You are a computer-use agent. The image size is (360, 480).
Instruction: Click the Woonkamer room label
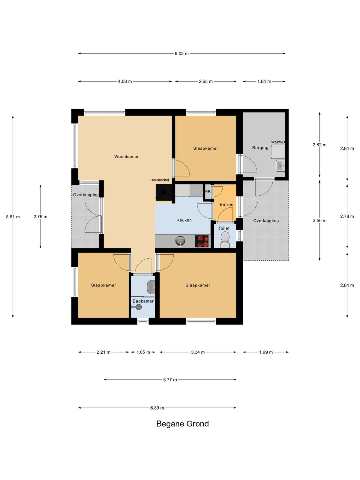click(126, 156)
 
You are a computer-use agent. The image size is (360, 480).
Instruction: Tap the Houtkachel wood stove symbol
click(164, 192)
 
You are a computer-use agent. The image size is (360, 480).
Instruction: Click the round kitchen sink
click(180, 241)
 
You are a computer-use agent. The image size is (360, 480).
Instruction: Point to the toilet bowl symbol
click(225, 239)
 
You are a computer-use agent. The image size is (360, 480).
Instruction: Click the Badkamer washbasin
click(151, 287)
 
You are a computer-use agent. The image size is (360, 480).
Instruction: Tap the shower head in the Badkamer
click(138, 307)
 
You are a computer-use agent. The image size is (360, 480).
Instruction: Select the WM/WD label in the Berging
click(278, 142)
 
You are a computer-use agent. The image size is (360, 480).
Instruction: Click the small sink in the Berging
click(280, 166)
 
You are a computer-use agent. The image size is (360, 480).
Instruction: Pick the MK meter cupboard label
click(207, 191)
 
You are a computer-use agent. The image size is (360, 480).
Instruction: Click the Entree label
click(226, 205)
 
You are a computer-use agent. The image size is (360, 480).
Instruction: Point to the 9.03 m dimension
click(181, 54)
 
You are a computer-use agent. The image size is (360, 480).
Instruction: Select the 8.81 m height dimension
click(13, 217)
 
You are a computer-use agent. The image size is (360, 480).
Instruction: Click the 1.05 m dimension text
click(143, 352)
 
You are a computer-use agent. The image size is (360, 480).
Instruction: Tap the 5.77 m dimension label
click(170, 380)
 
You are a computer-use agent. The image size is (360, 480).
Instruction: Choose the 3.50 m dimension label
click(319, 220)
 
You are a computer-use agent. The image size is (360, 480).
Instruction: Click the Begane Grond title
click(182, 424)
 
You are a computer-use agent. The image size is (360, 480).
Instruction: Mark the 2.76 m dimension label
click(40, 217)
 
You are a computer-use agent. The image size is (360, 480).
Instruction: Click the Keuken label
click(184, 220)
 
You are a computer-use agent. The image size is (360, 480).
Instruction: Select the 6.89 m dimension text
click(157, 408)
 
